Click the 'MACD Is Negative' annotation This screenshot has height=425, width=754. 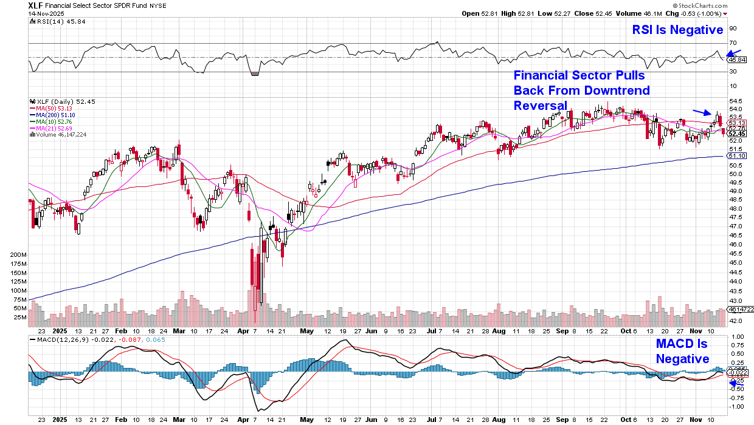682,351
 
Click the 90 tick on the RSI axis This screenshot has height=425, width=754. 733,28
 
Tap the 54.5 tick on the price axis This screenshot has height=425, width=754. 735,101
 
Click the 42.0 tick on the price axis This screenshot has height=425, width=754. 735,321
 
